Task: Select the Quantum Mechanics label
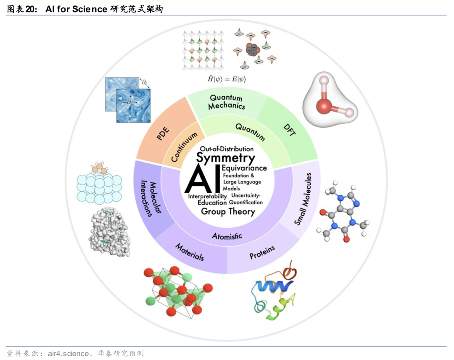point(227,102)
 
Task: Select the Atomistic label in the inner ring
point(227,236)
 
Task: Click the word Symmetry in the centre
point(226,158)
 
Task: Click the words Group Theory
point(228,211)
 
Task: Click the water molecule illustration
point(330,101)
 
